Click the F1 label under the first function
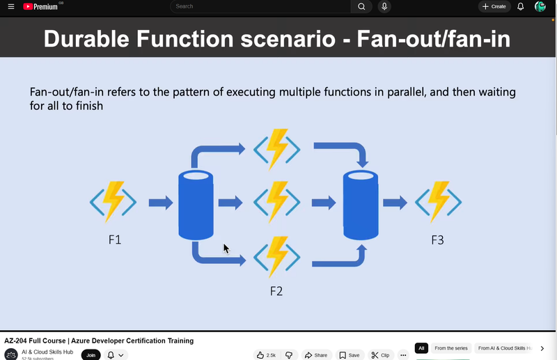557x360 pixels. click(115, 240)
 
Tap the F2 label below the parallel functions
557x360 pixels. click(276, 291)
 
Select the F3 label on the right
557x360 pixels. click(437, 240)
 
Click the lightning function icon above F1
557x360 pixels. click(113, 202)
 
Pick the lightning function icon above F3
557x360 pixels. click(439, 202)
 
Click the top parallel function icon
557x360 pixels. click(277, 148)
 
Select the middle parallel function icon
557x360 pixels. click(277, 202)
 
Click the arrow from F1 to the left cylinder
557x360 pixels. click(161, 203)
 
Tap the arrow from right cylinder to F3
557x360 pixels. click(395, 203)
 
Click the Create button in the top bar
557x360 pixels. click(494, 6)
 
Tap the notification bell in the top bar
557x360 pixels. click(520, 6)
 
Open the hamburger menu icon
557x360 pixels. click(10, 6)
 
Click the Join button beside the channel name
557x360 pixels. click(91, 355)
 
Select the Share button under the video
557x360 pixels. click(316, 355)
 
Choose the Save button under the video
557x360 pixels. click(350, 355)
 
